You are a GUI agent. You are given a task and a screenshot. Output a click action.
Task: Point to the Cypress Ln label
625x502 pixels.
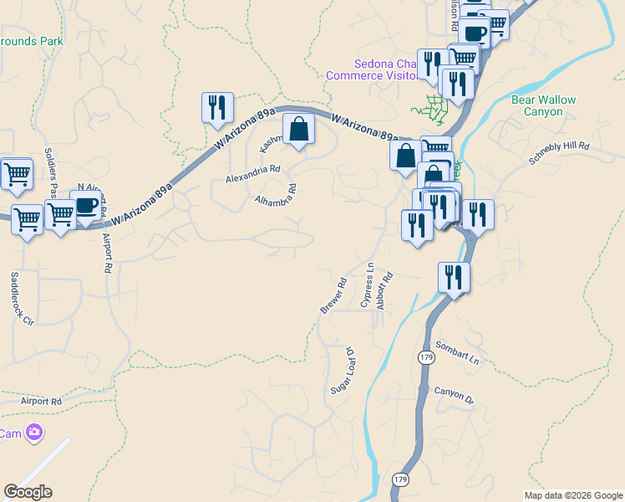coord(367,285)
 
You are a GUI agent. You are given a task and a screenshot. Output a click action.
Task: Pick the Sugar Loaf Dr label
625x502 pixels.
coord(345,373)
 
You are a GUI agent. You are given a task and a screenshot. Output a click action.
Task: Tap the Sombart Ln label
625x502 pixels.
coord(457,352)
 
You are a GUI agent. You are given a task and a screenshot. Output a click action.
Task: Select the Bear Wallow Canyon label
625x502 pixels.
coord(543,105)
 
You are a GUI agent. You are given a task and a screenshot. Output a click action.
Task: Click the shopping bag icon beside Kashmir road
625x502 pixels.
coord(297,131)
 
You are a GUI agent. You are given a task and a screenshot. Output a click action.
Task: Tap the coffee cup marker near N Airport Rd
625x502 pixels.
coord(85,205)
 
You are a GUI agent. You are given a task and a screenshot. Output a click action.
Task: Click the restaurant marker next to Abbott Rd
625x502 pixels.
coord(454,277)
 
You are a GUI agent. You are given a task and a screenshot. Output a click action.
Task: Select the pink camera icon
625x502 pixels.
coord(35,433)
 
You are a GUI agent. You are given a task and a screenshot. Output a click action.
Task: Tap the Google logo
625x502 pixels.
coord(28,492)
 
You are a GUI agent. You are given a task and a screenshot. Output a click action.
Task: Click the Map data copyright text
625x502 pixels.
coord(573,495)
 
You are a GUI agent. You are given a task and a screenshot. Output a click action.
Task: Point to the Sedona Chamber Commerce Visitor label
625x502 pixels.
coord(372,69)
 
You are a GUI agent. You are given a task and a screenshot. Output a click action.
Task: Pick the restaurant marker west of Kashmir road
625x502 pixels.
coord(217,108)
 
